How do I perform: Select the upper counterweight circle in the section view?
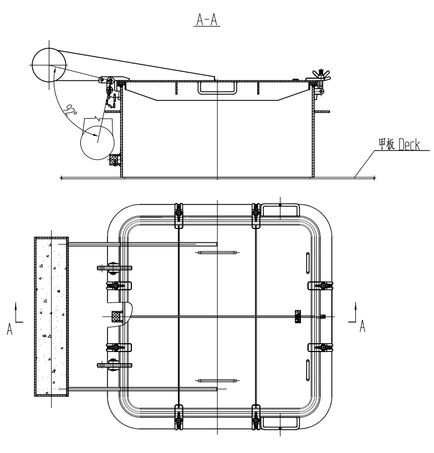tap(49, 63)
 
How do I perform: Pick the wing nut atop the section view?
tap(320, 74)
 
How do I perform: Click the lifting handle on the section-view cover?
tap(217, 86)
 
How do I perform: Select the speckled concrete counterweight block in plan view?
tap(52, 317)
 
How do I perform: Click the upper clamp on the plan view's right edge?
tap(322, 286)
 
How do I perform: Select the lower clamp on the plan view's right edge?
tap(322, 347)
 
